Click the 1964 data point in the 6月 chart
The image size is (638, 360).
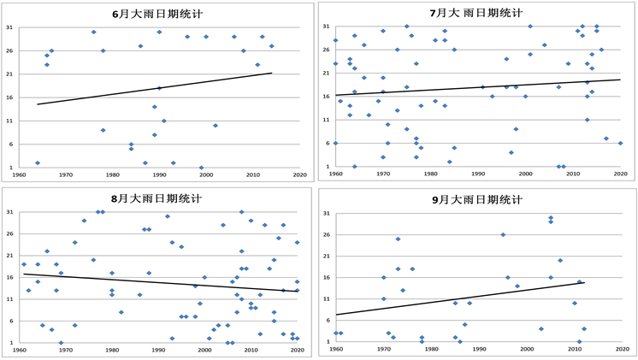click(38, 162)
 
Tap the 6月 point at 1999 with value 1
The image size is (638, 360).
click(201, 168)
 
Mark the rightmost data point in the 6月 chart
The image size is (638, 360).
click(271, 46)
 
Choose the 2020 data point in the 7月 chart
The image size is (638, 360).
click(620, 143)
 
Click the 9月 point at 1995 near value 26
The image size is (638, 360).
click(503, 234)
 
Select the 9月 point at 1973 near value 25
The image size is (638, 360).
click(398, 239)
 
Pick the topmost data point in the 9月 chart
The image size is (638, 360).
click(551, 217)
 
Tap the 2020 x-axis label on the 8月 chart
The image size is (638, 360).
click(297, 350)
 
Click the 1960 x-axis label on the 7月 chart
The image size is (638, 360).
click(335, 174)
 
